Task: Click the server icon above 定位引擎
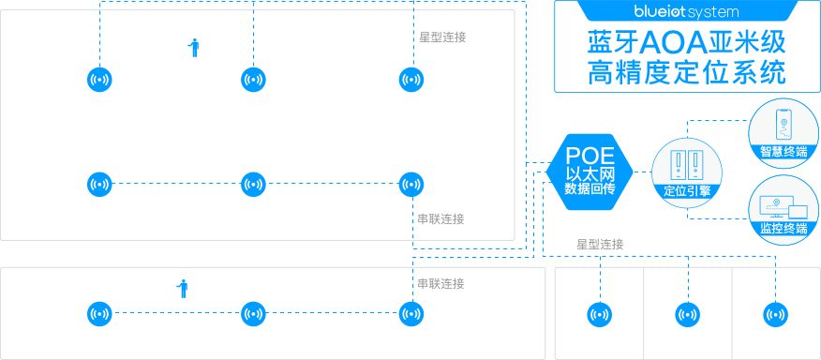687,165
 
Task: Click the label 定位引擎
687,190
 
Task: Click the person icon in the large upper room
194,48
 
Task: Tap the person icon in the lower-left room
184,289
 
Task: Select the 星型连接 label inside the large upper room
441,37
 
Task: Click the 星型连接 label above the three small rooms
600,245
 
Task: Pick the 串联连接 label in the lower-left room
440,284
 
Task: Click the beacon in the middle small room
687,314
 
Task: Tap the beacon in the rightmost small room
775,314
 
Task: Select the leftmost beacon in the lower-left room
99,314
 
